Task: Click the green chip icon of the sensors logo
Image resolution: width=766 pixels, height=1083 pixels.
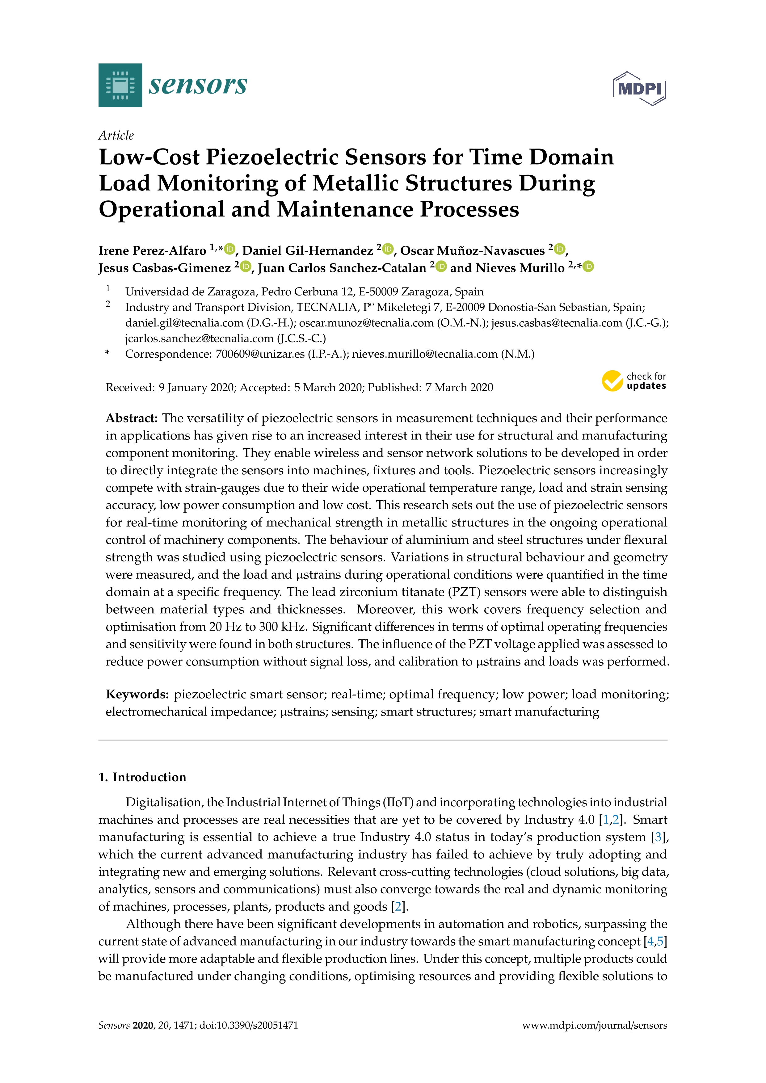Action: click(x=120, y=85)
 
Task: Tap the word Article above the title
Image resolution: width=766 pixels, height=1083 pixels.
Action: click(x=116, y=135)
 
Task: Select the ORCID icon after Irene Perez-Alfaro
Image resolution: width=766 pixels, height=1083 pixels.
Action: click(x=230, y=249)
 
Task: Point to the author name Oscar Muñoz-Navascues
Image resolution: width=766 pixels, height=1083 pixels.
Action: click(x=472, y=250)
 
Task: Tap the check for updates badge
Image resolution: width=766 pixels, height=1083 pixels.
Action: click(x=633, y=381)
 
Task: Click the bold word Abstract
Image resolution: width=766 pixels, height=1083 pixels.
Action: click(x=131, y=418)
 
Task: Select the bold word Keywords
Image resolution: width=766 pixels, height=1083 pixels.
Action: click(x=137, y=694)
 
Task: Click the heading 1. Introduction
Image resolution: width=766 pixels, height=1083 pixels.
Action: click(x=142, y=777)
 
